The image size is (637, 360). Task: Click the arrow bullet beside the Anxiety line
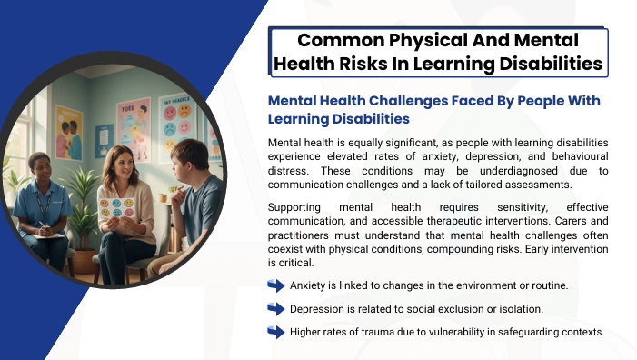tap(276, 285)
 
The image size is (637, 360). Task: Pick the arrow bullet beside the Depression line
tap(276, 309)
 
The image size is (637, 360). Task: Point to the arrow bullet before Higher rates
tap(276, 332)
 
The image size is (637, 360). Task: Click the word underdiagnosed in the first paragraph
tap(518, 171)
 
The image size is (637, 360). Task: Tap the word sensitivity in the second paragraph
tap(523, 207)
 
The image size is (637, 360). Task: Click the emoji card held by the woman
tap(116, 207)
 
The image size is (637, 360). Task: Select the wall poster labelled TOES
tap(134, 129)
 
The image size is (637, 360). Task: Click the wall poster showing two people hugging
tap(69, 133)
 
